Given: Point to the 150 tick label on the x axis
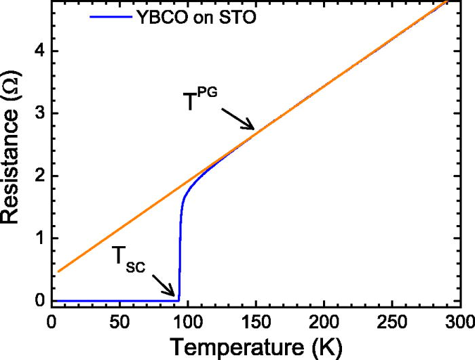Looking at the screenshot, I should coord(255,322).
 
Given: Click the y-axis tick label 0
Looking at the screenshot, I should coord(39,300).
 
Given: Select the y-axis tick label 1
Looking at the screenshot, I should coord(39,238).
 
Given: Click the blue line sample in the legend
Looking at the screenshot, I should coord(110,16).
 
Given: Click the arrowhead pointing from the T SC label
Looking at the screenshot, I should coord(174,297).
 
